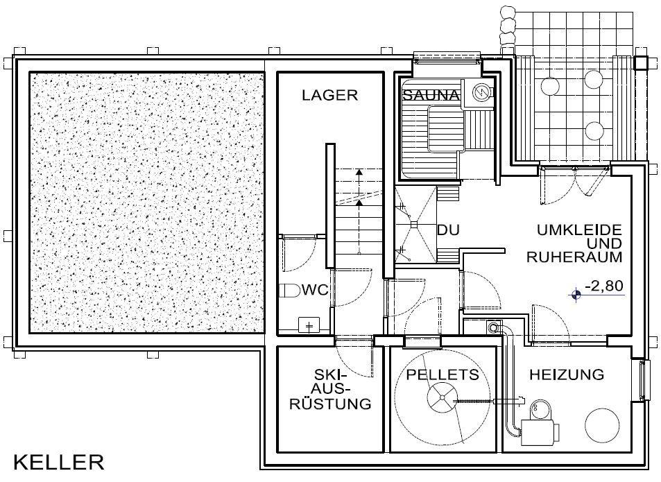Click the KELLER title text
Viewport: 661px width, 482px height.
(x=58, y=463)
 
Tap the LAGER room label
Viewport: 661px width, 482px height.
(x=329, y=95)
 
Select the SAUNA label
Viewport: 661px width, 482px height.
(x=431, y=95)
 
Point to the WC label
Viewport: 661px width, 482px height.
(x=314, y=291)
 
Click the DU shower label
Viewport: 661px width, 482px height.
(x=448, y=230)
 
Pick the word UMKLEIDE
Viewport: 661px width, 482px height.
(x=580, y=230)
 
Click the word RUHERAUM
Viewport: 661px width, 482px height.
(x=574, y=257)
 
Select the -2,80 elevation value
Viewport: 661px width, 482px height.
(x=604, y=286)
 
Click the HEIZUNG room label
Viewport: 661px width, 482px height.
(x=567, y=374)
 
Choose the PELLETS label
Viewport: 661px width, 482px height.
(x=443, y=374)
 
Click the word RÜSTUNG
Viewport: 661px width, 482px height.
(x=330, y=404)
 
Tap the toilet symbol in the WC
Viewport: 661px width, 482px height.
(x=289, y=291)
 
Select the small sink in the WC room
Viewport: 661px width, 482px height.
(x=309, y=326)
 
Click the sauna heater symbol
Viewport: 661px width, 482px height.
(x=480, y=92)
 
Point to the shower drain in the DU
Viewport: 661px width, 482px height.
(x=414, y=224)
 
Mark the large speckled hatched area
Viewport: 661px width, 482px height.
(x=147, y=203)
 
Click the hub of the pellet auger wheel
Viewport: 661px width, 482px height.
(x=440, y=397)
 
